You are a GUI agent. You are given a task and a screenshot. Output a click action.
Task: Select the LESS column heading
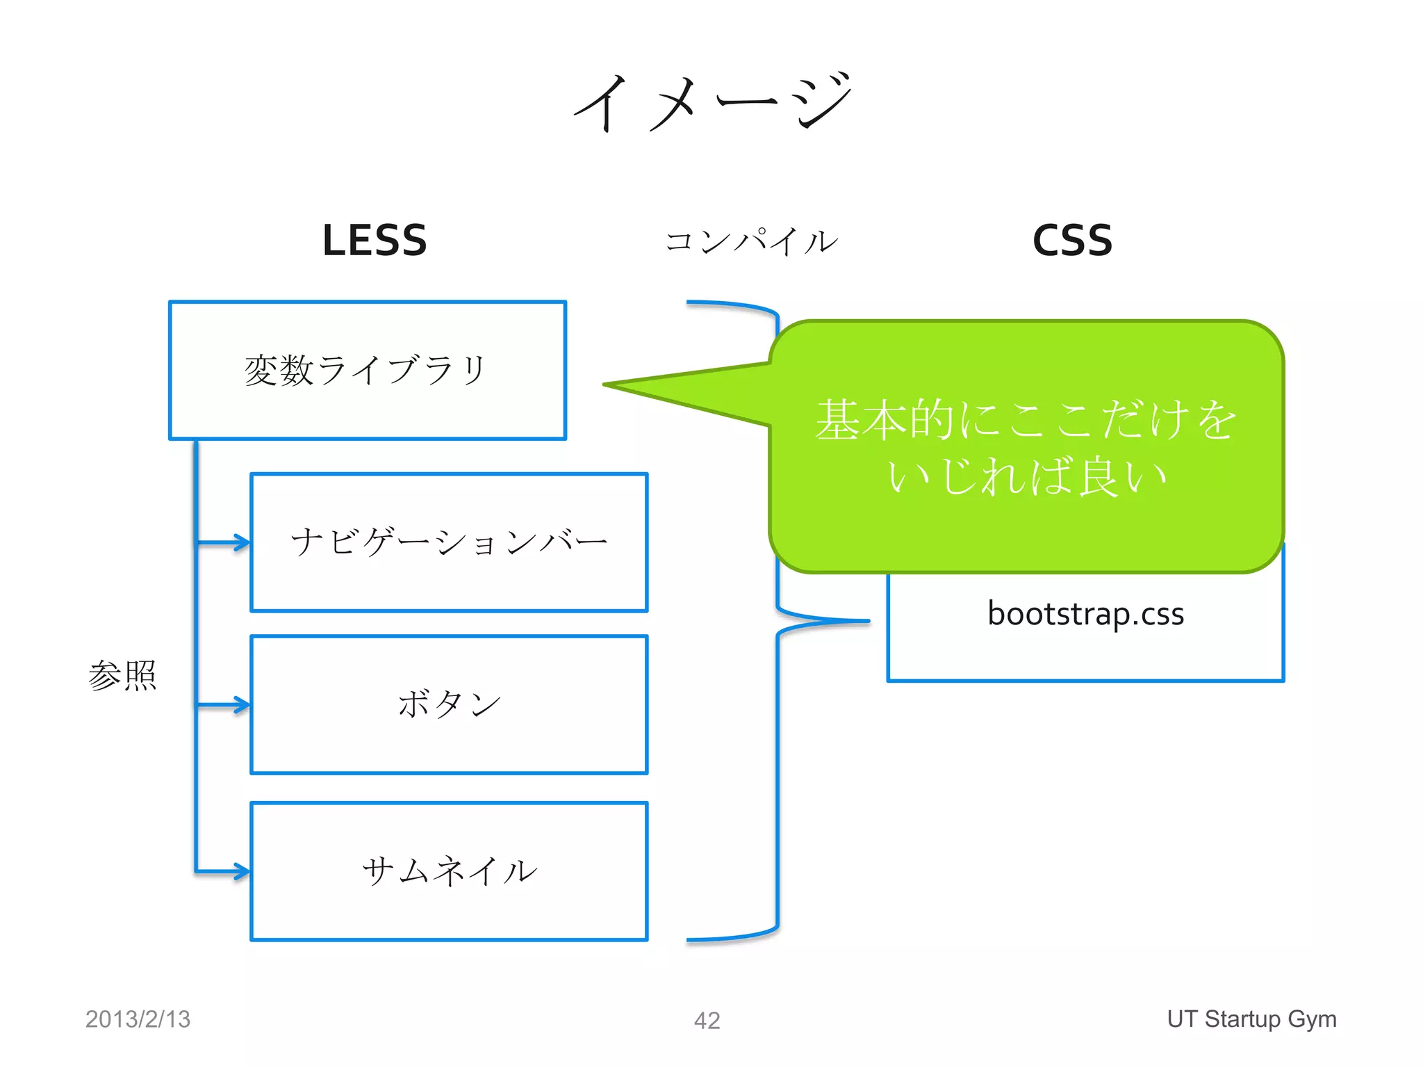coord(375,241)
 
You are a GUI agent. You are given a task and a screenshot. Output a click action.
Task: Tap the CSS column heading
coord(1072,241)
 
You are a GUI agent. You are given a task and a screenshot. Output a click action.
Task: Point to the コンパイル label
coord(751,242)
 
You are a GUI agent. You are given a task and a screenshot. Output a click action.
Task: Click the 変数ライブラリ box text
coord(365,370)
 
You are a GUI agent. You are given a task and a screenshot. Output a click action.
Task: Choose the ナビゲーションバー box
coord(449,542)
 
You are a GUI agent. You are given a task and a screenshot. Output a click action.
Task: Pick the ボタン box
coord(449,704)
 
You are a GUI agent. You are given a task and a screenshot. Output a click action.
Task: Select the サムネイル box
coord(449,871)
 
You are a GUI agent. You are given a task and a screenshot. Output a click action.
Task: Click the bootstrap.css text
coord(1085,613)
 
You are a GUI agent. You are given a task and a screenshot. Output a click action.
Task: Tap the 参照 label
coord(122,675)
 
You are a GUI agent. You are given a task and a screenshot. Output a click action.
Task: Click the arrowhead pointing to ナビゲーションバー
coord(242,542)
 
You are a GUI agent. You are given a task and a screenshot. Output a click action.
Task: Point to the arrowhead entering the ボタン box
coord(242,705)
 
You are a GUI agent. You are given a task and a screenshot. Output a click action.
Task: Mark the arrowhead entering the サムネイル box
coord(242,871)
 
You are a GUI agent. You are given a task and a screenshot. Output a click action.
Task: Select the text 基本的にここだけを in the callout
coord(1026,420)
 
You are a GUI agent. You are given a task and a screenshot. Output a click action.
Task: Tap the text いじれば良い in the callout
coord(1026,477)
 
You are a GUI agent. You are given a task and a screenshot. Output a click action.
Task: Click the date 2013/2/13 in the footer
coord(138,1019)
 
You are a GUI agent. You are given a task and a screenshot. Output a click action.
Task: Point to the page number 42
coord(707,1021)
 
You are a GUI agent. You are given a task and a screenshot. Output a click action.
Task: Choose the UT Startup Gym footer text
coord(1251,1019)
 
